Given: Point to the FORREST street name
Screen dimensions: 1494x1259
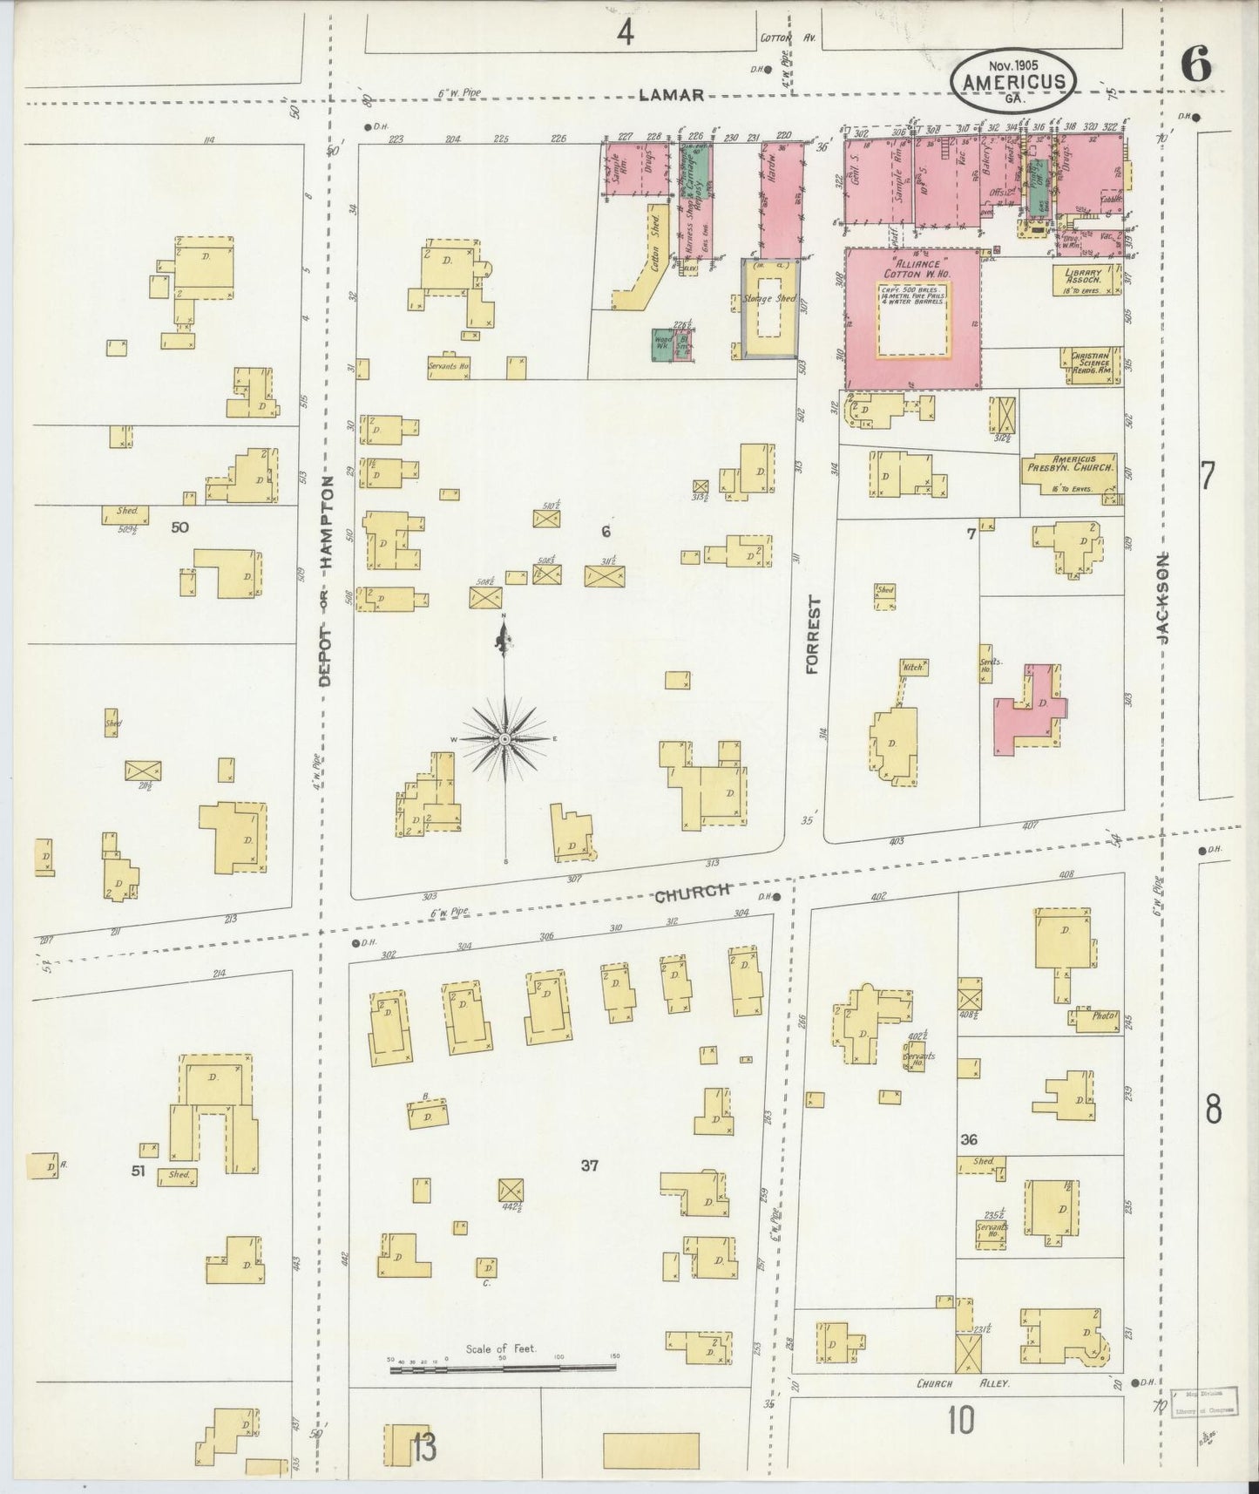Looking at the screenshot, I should (x=812, y=635).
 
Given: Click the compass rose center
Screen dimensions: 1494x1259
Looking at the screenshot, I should (x=504, y=739).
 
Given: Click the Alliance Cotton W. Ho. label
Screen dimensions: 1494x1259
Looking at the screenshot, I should (x=912, y=266).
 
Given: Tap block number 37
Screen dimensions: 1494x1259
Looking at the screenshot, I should (x=590, y=1165).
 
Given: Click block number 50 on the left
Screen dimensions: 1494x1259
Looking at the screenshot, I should (x=180, y=526).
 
